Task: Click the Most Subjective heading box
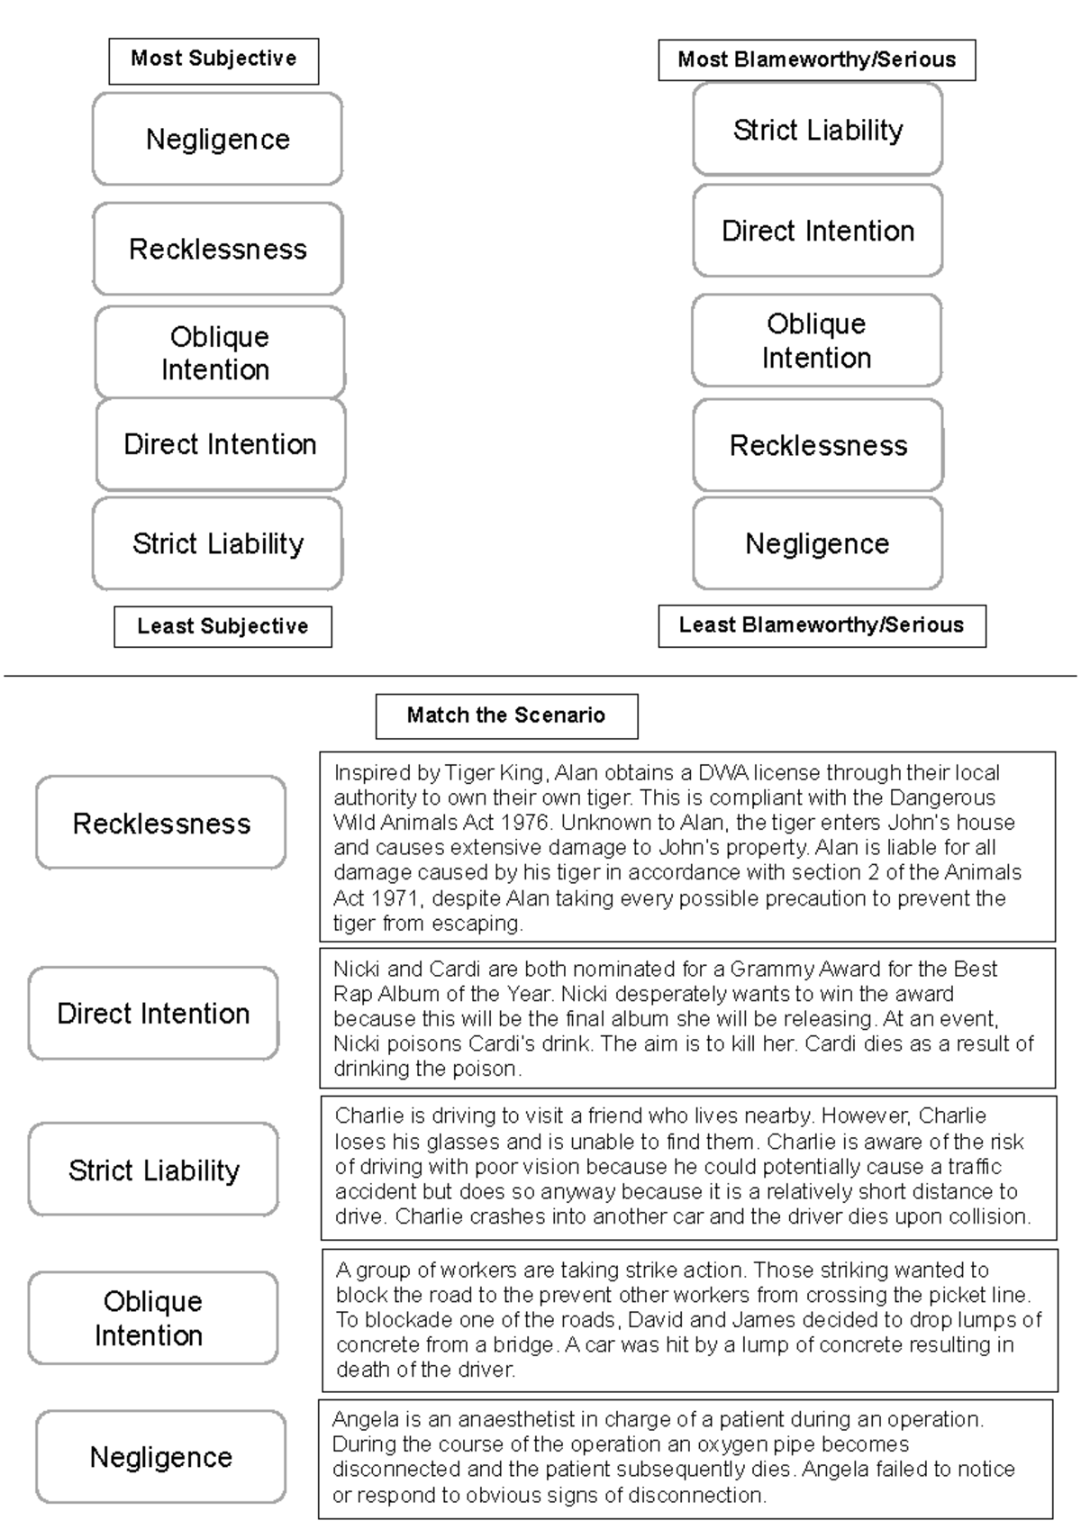point(213,60)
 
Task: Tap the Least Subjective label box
point(223,626)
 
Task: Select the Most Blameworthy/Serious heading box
point(816,60)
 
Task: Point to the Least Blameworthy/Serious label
point(821,625)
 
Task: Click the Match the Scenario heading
point(506,715)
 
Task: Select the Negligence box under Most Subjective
point(217,140)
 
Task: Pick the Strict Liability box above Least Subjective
point(217,543)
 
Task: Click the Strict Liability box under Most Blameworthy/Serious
point(817,130)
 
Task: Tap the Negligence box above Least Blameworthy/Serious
point(817,543)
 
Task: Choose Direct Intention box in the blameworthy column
point(817,231)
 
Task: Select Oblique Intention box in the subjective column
point(219,352)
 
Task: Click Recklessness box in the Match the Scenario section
point(161,823)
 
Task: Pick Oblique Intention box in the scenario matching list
point(152,1317)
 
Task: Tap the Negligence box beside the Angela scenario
point(161,1457)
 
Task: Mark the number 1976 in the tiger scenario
point(522,823)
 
